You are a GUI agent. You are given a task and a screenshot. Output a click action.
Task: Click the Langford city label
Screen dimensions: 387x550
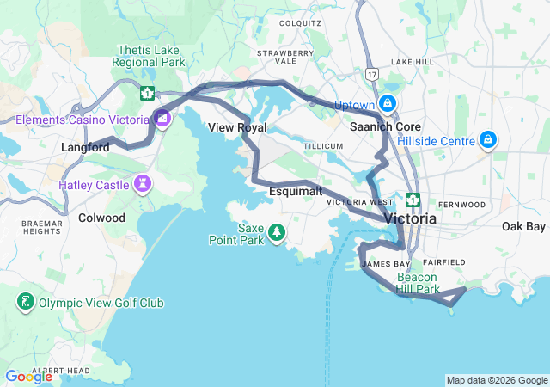tap(85, 147)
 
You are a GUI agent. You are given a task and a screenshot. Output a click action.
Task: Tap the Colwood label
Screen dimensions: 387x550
tap(101, 218)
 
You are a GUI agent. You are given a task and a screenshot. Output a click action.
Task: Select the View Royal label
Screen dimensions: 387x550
tap(237, 127)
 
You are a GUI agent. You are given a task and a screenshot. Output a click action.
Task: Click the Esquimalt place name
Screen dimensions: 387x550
tap(296, 191)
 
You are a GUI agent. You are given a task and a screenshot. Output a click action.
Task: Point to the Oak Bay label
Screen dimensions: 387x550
tap(523, 226)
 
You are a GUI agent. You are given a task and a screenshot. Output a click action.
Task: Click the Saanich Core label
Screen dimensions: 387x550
tap(384, 126)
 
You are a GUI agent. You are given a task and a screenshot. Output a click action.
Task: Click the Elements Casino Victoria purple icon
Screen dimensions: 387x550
tap(162, 118)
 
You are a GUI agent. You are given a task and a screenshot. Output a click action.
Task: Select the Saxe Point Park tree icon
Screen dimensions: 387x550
tap(277, 230)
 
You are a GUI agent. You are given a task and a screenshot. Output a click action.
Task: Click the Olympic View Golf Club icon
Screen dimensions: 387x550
tap(25, 302)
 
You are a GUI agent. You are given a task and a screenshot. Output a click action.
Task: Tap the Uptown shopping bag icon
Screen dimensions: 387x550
tap(388, 104)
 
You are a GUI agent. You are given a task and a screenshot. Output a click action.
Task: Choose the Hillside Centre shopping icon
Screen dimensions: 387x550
tap(488, 138)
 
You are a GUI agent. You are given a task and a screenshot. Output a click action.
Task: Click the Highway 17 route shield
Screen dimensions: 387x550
tap(370, 74)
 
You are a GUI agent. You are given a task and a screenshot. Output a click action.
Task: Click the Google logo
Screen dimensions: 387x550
tap(28, 377)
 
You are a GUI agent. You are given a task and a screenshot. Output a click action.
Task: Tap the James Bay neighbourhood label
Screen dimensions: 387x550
tap(387, 264)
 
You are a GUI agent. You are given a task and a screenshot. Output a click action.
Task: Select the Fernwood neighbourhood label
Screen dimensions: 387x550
tap(461, 204)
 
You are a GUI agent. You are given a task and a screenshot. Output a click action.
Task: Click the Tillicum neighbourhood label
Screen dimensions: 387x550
tap(323, 147)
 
